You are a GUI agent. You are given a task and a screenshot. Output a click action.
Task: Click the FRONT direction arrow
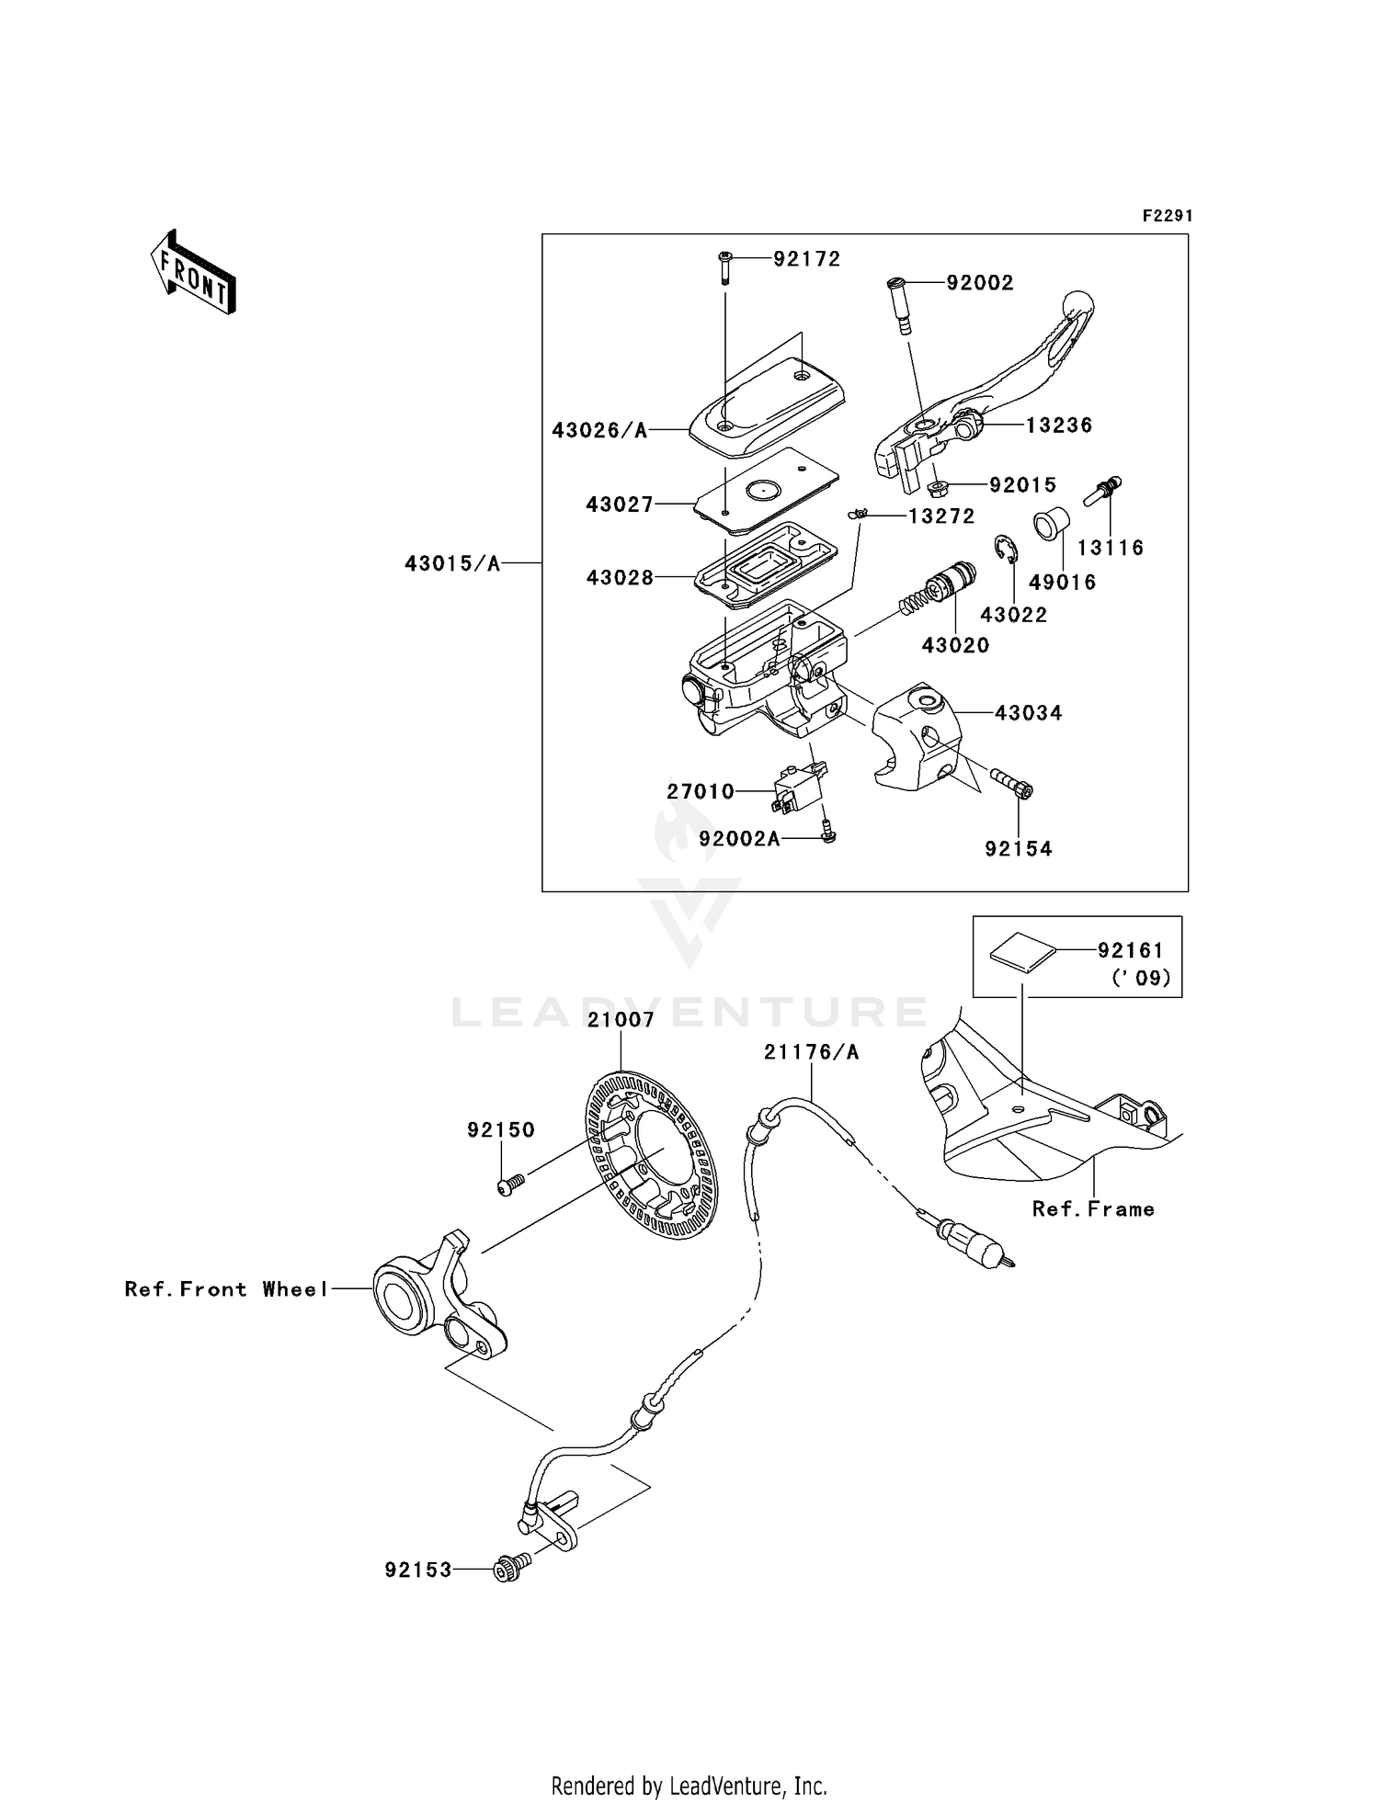[x=194, y=273]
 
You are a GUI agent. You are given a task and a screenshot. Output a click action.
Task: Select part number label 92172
[x=806, y=259]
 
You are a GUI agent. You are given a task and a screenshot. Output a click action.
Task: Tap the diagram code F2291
[x=1167, y=216]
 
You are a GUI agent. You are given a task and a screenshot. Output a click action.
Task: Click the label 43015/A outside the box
[x=452, y=563]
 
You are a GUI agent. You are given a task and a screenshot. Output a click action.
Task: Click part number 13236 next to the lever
[x=1059, y=425]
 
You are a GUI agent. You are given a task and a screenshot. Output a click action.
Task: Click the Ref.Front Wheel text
[x=226, y=1289]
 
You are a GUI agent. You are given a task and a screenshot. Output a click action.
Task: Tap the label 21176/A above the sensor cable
[x=811, y=1052]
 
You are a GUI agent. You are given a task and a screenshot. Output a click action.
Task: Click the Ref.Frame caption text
[x=1092, y=1209]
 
